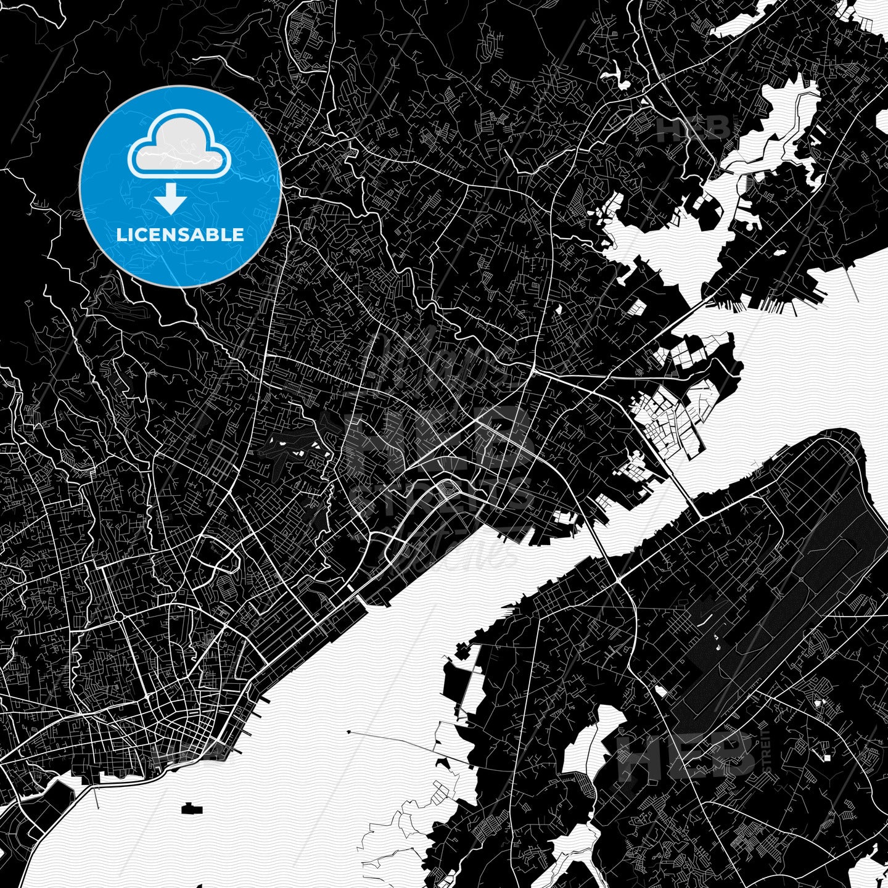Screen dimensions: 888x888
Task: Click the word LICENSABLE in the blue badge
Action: click(x=180, y=235)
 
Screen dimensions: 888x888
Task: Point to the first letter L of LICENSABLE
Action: click(x=120, y=235)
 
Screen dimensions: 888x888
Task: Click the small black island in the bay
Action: click(x=192, y=807)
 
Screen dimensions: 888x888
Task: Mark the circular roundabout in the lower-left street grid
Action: click(x=117, y=616)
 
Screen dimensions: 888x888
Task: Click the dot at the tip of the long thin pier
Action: click(x=349, y=733)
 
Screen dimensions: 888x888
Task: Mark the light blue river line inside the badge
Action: click(x=253, y=176)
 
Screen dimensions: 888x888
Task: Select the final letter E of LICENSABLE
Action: click(x=238, y=235)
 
